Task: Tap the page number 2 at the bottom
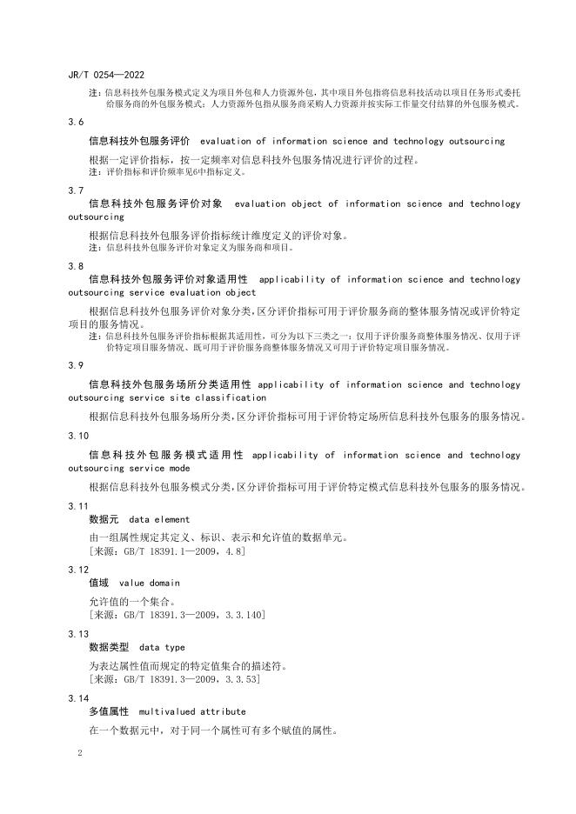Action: tap(79, 752)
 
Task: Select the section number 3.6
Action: tap(76, 123)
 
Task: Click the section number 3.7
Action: tap(76, 190)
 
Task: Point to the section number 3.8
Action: tap(76, 265)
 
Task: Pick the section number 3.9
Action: tap(76, 366)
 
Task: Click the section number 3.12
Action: tap(78, 569)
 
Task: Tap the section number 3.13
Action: tap(78, 634)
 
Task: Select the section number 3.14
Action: tap(78, 698)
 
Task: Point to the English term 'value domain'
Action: tap(150, 583)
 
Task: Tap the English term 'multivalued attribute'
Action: tap(192, 711)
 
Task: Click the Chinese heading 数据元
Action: tap(104, 520)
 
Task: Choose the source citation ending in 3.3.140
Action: tap(177, 615)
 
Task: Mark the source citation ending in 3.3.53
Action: tap(174, 679)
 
